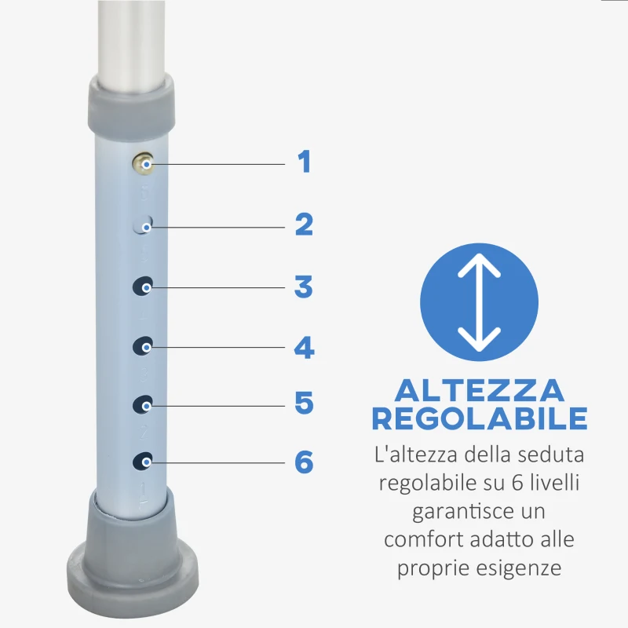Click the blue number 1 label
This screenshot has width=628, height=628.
tap(304, 162)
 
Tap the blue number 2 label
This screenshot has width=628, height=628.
tap(304, 225)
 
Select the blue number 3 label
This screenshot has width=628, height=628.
tap(304, 287)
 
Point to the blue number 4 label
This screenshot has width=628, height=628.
tap(304, 347)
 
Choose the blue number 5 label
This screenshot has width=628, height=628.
tap(304, 403)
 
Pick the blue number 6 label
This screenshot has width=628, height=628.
tap(304, 462)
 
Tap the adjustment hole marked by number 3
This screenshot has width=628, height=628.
tap(142, 287)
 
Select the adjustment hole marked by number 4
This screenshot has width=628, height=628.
tap(142, 345)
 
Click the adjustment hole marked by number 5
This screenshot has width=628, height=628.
tap(142, 404)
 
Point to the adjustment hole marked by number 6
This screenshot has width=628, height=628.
tap(142, 462)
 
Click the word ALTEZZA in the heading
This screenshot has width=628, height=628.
tap(479, 390)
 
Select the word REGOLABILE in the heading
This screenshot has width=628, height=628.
tap(479, 418)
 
